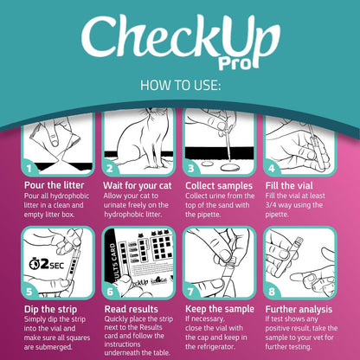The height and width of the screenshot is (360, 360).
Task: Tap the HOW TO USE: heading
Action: (x=179, y=87)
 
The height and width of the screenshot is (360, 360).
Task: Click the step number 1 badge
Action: (x=29, y=168)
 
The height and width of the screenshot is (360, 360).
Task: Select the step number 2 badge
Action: (x=110, y=168)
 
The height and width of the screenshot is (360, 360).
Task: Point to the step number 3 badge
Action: (x=191, y=168)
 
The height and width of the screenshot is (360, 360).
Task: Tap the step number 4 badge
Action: (x=272, y=168)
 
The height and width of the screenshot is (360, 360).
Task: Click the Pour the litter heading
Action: (x=55, y=185)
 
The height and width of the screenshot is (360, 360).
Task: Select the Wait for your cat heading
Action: (x=139, y=185)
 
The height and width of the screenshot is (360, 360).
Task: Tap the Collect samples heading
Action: (x=219, y=185)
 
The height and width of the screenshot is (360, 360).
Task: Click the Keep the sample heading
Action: (x=221, y=308)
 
